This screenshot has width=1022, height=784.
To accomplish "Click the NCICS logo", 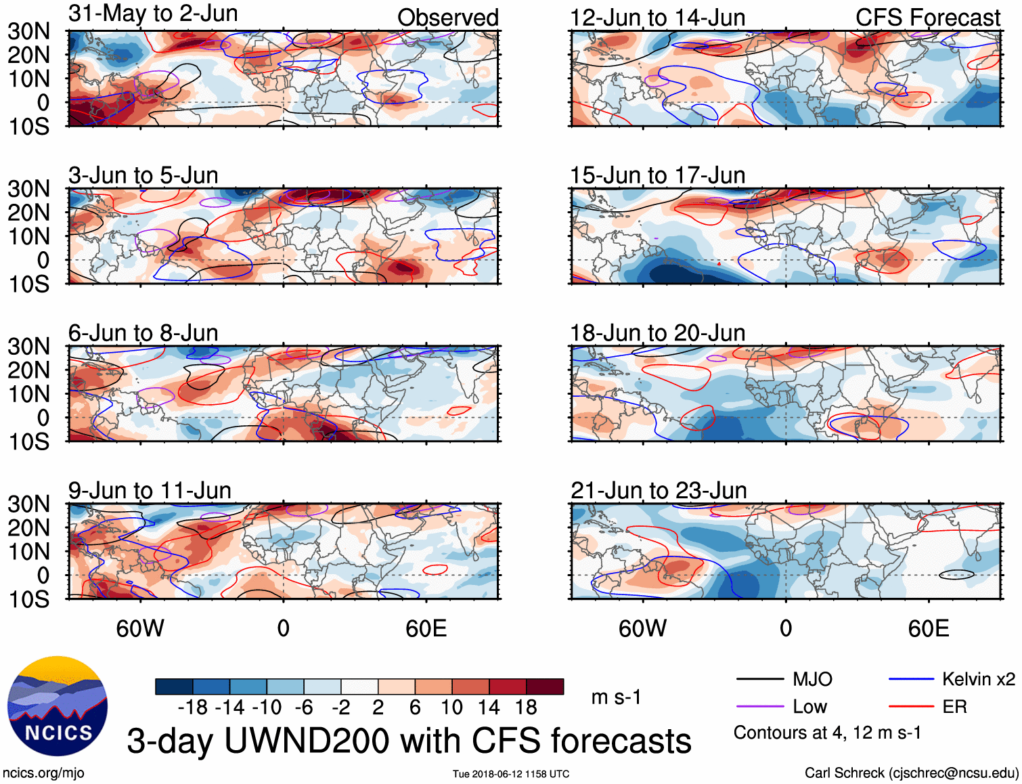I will pyautogui.click(x=58, y=706).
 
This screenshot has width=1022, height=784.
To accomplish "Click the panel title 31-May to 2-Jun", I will pyautogui.click(x=153, y=14).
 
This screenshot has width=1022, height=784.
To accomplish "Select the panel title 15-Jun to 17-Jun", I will pyautogui.click(x=657, y=175).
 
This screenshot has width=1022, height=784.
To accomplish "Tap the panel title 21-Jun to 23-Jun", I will pyautogui.click(x=659, y=490).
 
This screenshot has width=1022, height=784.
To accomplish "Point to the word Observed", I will pyautogui.click(x=447, y=18).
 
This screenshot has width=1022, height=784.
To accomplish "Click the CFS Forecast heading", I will pyautogui.click(x=927, y=18).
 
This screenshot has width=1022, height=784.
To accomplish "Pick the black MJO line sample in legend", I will pyautogui.click(x=759, y=679).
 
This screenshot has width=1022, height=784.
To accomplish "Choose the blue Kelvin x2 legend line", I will pyautogui.click(x=911, y=679).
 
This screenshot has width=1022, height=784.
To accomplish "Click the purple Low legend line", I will pyautogui.click(x=759, y=707).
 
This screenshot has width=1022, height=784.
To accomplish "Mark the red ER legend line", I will pyautogui.click(x=911, y=707).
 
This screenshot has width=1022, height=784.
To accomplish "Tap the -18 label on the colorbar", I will pyautogui.click(x=193, y=707).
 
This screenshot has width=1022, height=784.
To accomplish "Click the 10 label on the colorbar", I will pyautogui.click(x=451, y=707).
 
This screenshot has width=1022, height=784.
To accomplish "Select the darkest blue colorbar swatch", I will pyautogui.click(x=174, y=687).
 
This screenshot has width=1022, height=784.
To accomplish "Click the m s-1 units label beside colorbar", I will pyautogui.click(x=616, y=697).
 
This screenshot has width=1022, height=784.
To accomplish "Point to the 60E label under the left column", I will pyautogui.click(x=426, y=628).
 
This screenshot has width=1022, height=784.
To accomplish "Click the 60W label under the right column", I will pyautogui.click(x=642, y=628).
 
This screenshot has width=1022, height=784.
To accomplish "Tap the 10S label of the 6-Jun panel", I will pyautogui.click(x=29, y=442).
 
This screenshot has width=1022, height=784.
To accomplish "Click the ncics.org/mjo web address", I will pyautogui.click(x=43, y=773).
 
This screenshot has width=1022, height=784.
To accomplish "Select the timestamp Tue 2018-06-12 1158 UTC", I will pyautogui.click(x=511, y=774).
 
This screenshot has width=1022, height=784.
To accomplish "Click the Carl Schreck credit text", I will pyautogui.click(x=911, y=773).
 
